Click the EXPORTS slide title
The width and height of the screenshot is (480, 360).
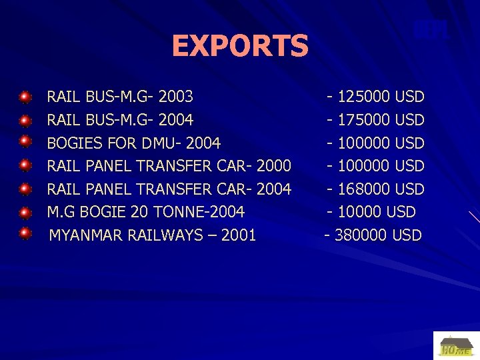(240, 46)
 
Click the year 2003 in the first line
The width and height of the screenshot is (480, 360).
(177, 97)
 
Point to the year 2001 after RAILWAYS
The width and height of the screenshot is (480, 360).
(239, 235)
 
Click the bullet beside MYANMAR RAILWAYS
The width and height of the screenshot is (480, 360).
(25, 233)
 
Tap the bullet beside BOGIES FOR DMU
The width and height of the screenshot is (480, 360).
(25, 141)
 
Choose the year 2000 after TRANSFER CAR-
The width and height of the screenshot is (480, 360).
(273, 166)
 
